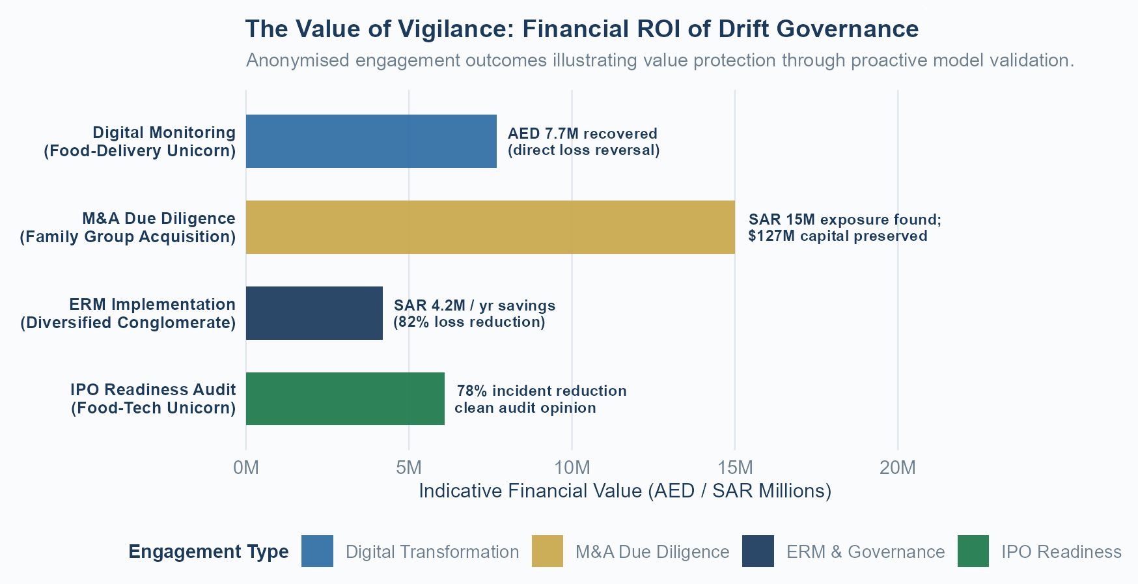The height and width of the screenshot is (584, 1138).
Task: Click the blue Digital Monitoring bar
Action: click(371, 141)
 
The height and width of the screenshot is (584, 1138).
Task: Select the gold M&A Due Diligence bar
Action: click(490, 227)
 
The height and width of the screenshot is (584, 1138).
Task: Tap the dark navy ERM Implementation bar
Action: click(314, 313)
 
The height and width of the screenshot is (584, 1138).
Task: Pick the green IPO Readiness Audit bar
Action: click(345, 398)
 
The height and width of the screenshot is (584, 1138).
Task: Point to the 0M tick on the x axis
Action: click(246, 467)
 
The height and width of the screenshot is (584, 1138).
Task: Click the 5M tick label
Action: click(409, 467)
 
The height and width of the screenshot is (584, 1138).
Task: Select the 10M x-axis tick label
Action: click(572, 467)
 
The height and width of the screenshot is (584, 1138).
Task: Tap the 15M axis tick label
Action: click(735, 467)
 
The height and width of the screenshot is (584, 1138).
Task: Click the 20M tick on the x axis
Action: click(898, 467)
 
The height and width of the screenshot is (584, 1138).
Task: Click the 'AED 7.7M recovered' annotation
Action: click(583, 133)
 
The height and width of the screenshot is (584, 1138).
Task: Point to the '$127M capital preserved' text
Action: click(838, 236)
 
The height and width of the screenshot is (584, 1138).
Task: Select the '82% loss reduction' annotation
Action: click(469, 322)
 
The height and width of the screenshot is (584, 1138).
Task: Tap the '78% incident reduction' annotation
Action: click(542, 391)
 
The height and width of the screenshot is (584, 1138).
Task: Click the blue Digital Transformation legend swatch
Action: click(317, 551)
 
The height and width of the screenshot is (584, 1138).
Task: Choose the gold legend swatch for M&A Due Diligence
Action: click(548, 551)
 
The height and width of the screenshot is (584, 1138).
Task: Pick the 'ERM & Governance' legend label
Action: click(865, 552)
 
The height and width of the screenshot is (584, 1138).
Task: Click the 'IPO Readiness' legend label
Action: click(1061, 552)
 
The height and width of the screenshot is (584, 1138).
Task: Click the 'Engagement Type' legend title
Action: click(208, 551)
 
